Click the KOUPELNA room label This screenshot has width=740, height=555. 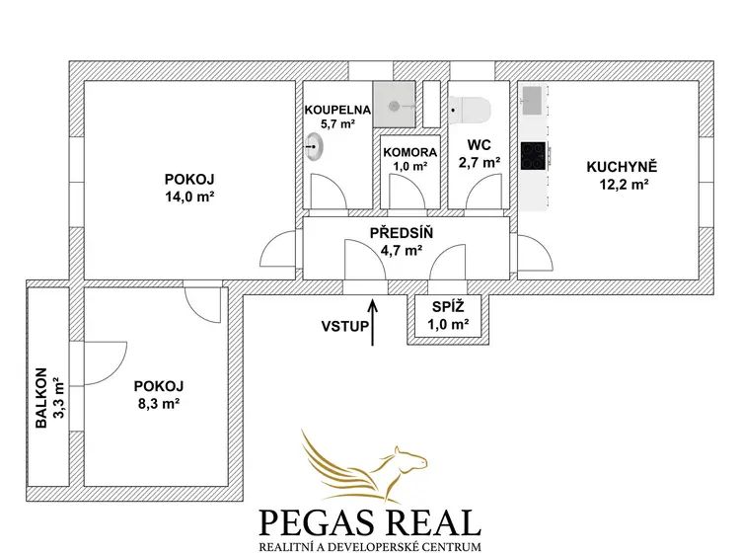[x=337, y=110]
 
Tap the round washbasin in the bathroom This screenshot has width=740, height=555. [x=314, y=147]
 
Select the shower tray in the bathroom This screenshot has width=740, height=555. [x=395, y=105]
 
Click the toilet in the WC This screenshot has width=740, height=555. [x=470, y=111]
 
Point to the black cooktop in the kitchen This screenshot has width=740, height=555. [x=533, y=156]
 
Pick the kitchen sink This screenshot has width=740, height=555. [x=532, y=100]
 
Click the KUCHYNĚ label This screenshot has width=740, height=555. [x=622, y=167]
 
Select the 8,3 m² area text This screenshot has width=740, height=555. [x=159, y=403]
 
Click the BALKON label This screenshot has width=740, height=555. [x=42, y=398]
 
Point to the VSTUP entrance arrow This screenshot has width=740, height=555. [x=373, y=322]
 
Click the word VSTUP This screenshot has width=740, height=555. [x=344, y=327]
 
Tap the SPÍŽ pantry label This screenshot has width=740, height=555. [x=448, y=307]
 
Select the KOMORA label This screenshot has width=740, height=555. [x=410, y=152]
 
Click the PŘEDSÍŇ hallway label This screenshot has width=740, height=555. [x=402, y=233]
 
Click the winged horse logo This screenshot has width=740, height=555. [x=364, y=466]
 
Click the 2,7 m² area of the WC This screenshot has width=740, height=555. [x=480, y=162]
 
